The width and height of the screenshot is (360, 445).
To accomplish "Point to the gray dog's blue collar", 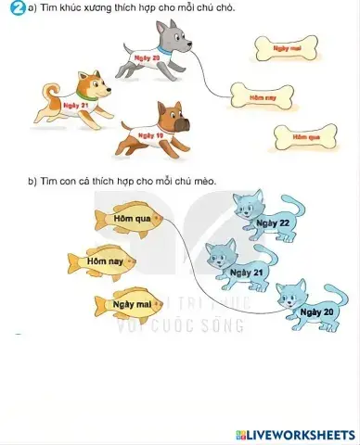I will [x=166, y=50].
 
